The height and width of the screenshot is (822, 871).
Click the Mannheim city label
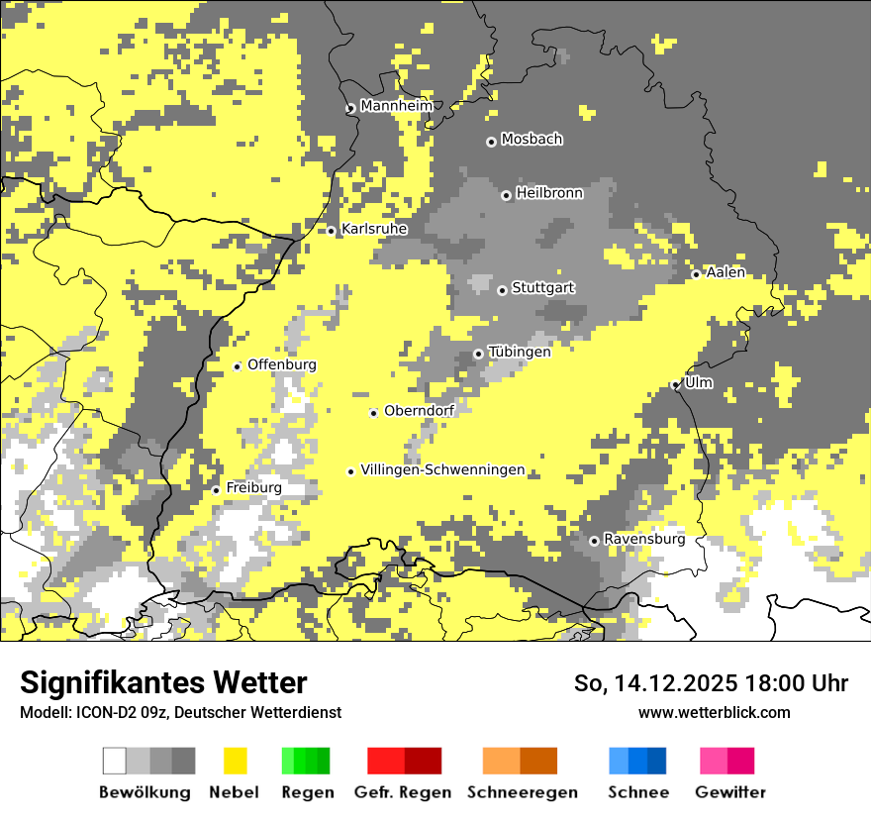(396, 106)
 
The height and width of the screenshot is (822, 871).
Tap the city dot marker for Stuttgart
(502, 290)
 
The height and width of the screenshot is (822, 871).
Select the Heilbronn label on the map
(549, 193)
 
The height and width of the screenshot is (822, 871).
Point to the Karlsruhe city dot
(332, 230)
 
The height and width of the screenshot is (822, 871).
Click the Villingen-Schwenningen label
(442, 470)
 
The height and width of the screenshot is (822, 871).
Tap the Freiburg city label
(253, 488)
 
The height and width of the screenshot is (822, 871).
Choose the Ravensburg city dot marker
(594, 541)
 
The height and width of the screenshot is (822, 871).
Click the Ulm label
(699, 382)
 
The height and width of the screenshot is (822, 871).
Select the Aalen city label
(726, 272)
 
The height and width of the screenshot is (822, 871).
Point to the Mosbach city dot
(491, 142)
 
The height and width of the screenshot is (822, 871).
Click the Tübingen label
(520, 352)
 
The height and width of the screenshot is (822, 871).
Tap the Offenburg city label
(282, 364)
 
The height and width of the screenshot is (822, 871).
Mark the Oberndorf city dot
(373, 413)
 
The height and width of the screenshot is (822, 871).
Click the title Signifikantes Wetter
(163, 682)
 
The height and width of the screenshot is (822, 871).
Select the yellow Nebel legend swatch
(235, 761)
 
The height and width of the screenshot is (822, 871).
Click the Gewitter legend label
(729, 792)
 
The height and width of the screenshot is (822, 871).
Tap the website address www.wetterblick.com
(714, 712)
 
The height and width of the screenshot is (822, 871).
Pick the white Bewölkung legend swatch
(115, 761)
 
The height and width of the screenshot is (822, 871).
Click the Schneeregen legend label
(522, 792)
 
